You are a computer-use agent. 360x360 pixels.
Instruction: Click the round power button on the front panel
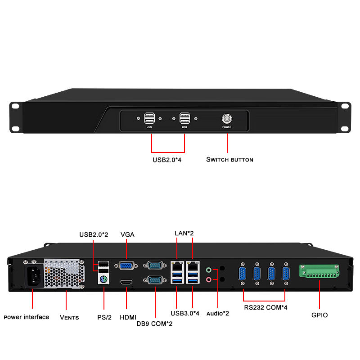click(226, 119)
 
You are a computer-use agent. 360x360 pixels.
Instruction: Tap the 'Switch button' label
click(229, 160)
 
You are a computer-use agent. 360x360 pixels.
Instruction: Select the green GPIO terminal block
click(319, 272)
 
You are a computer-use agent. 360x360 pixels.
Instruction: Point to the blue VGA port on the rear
click(126, 266)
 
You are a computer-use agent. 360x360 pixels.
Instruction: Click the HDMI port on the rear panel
click(126, 282)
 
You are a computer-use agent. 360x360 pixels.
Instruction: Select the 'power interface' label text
click(27, 317)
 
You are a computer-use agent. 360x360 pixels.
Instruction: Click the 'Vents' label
click(69, 317)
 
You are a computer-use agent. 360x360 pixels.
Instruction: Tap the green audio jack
click(209, 270)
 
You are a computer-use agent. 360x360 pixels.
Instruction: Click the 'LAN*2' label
click(184, 233)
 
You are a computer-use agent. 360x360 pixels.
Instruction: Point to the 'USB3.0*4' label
click(184, 313)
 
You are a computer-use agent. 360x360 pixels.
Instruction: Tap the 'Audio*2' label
click(218, 313)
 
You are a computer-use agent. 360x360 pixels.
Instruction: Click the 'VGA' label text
click(127, 234)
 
